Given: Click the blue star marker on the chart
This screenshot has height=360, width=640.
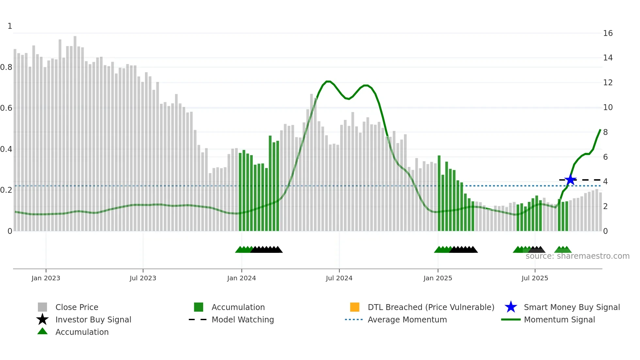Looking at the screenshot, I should click(570, 180).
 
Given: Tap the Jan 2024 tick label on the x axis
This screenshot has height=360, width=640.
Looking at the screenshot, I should click(241, 278).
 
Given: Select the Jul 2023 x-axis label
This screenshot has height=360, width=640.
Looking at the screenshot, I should click(143, 278).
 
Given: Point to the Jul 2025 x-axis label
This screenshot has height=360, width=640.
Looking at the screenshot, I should click(535, 278).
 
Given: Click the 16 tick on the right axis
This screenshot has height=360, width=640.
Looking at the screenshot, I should click(608, 33).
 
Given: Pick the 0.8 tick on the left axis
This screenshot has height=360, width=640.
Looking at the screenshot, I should click(6, 67).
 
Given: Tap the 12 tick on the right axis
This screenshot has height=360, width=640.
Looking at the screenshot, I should click(608, 83).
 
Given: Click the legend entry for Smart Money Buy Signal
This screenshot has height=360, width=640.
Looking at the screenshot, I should click(571, 307).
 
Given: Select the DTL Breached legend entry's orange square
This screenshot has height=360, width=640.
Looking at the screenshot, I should click(355, 307).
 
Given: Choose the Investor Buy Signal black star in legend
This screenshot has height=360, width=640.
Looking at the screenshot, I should click(42, 319).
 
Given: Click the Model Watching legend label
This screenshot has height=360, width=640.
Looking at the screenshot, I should click(243, 320).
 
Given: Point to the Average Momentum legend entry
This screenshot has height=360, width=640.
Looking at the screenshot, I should click(407, 320).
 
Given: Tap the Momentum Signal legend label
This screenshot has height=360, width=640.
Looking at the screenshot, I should click(559, 320).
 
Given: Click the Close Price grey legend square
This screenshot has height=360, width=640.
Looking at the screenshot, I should click(42, 307).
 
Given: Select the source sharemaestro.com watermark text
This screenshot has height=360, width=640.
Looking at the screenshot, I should click(577, 256).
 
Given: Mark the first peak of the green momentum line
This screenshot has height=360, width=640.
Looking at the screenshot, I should click(328, 81).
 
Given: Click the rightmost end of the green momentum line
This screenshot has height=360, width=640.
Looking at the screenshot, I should click(600, 130).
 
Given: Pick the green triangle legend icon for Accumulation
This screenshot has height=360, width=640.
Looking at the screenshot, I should click(42, 332).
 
